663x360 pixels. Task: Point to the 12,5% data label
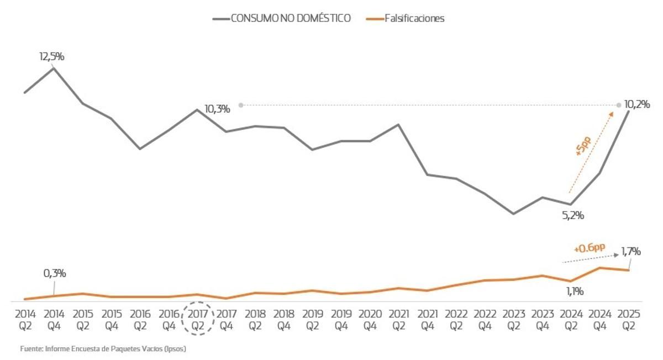pyautogui.click(x=52, y=56)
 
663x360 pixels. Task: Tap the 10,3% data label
pyautogui.click(x=217, y=109)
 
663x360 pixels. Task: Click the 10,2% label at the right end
pyautogui.click(x=636, y=104)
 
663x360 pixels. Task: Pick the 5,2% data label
pyautogui.click(x=573, y=216)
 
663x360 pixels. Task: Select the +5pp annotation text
pyautogui.click(x=583, y=147)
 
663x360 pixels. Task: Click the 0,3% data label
pyautogui.click(x=55, y=273)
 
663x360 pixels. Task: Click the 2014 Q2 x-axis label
pyautogui.click(x=25, y=320)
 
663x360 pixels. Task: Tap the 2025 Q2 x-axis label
pyautogui.click(x=628, y=320)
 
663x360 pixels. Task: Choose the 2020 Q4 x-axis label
pyautogui.click(x=370, y=320)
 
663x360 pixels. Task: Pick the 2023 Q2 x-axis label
pyautogui.click(x=513, y=320)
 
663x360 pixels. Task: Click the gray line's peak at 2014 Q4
pyautogui.click(x=54, y=68)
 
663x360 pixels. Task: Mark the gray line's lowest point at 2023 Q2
pyautogui.click(x=513, y=214)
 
